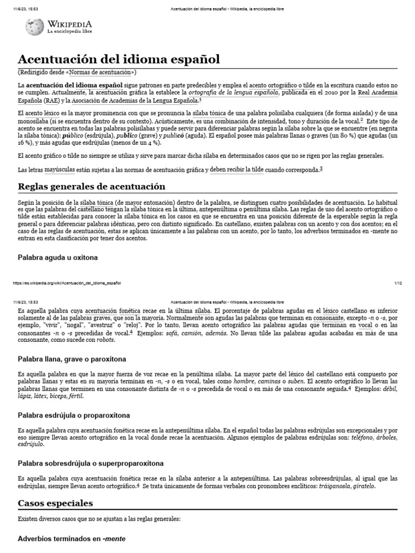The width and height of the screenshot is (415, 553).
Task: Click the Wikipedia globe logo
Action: tap(35, 26)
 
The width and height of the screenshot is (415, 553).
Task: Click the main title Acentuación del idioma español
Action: tap(119, 59)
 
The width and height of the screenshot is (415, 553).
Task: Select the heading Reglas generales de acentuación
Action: tap(91, 186)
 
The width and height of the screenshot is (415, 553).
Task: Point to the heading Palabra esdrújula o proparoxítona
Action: tap(73, 415)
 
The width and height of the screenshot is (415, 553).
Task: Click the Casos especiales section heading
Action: tap(55, 503)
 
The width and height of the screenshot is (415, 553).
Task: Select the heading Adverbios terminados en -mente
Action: tap(71, 538)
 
